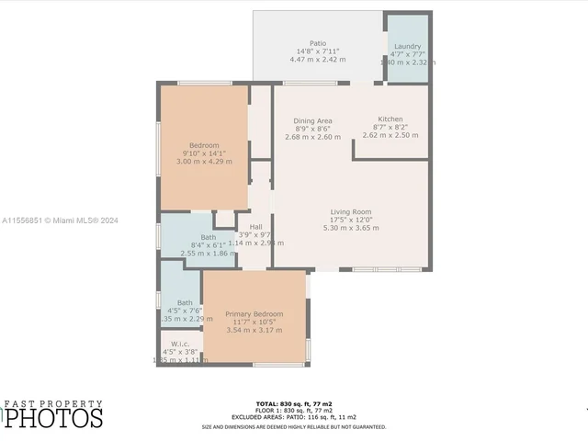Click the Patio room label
point(318,43)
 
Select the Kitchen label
point(390,119)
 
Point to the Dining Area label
point(312,121)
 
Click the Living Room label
point(353,212)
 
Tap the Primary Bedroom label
point(254,314)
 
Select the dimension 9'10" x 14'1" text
point(204,153)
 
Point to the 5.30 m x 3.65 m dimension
point(353,228)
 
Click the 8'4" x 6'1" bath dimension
point(196,244)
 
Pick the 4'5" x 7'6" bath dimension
point(185,311)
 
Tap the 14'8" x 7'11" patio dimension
point(318,51)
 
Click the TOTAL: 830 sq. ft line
point(294,404)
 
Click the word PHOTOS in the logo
point(56,418)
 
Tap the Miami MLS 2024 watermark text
point(60,220)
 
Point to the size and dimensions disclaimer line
point(294,426)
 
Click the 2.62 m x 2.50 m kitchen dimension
point(390,135)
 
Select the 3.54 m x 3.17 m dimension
point(254,329)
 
